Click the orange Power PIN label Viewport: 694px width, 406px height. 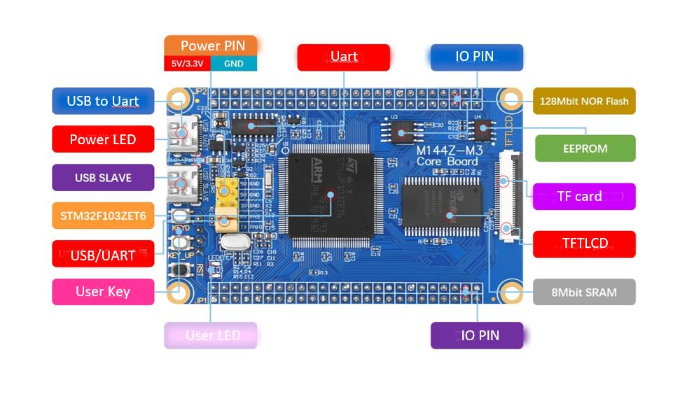(x=212, y=45)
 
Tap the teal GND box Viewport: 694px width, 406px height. (x=233, y=64)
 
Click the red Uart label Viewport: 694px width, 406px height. (x=343, y=57)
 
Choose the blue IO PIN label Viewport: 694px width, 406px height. (x=476, y=57)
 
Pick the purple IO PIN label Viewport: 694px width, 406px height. (x=476, y=335)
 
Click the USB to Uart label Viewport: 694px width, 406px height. (x=103, y=101)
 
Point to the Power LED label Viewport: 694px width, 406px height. (x=103, y=139)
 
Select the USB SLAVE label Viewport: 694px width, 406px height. (x=103, y=178)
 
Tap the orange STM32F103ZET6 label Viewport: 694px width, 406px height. (x=103, y=216)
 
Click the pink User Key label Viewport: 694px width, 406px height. (x=103, y=292)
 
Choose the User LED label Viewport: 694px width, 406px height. (x=211, y=335)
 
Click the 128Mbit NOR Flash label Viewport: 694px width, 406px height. (x=584, y=101)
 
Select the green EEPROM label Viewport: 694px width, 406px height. (x=585, y=148)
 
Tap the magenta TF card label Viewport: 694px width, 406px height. (x=584, y=197)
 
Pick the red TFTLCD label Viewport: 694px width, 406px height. (x=584, y=244)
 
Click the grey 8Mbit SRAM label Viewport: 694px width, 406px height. (x=584, y=292)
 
